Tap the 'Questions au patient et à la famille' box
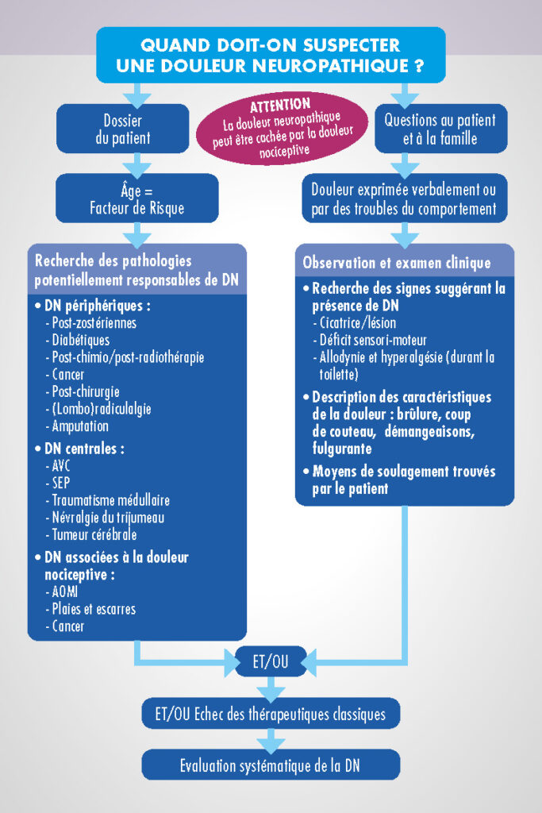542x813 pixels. pos(440,129)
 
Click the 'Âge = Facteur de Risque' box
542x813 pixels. pos(136,199)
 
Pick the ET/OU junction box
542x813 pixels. pos(271,661)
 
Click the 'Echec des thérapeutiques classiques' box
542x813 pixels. pos(271,715)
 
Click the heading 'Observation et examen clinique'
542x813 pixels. pos(397,263)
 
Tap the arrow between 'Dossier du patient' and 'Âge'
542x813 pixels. pos(136,164)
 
